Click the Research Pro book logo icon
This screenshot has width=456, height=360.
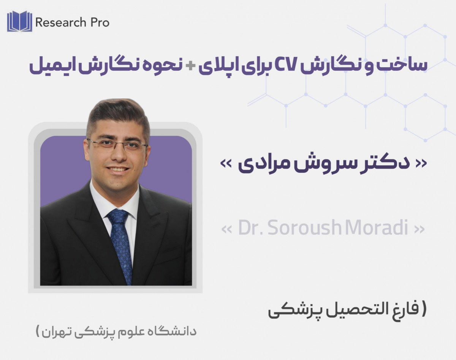(19, 22)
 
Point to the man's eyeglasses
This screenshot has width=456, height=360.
(117, 145)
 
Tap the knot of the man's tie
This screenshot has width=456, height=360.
(117, 216)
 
